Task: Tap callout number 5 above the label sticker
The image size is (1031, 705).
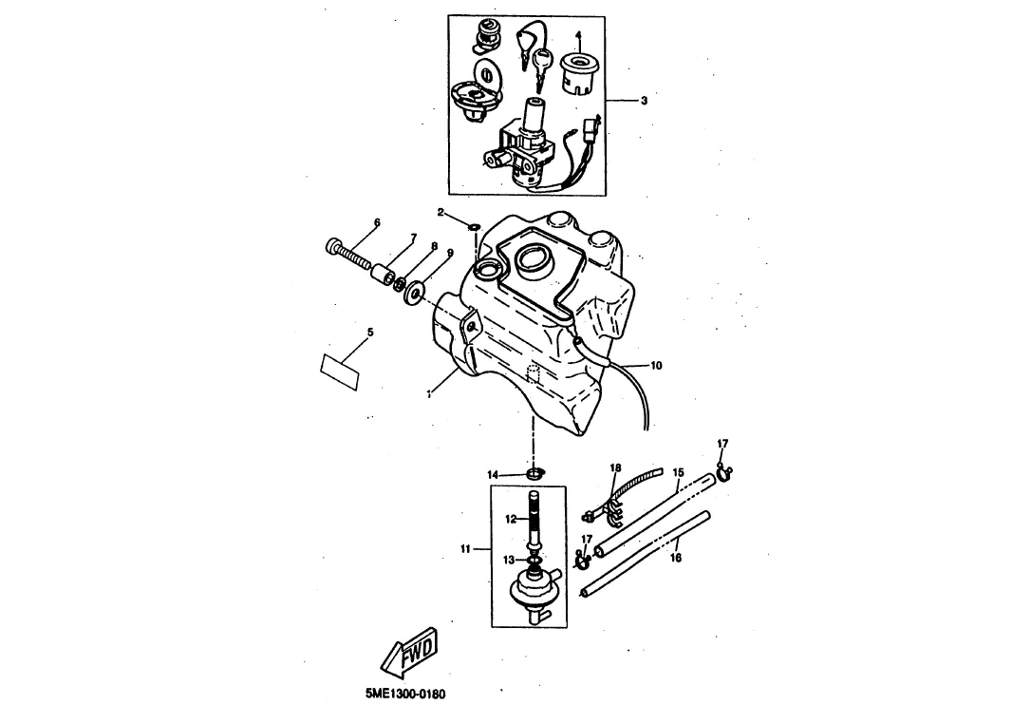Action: pos(370,333)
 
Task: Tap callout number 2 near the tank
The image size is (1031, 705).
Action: pos(441,212)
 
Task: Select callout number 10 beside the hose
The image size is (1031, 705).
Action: pos(656,366)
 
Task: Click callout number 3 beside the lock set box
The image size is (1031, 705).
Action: pos(644,101)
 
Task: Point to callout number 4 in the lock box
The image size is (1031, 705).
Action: pos(578,34)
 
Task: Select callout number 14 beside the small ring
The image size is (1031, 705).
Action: pos(493,475)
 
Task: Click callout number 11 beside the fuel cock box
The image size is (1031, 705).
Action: pos(465,548)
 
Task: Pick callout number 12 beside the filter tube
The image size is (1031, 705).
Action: pos(512,520)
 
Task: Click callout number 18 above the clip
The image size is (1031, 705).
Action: pos(615,468)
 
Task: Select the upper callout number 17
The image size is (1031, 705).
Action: pos(722,445)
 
